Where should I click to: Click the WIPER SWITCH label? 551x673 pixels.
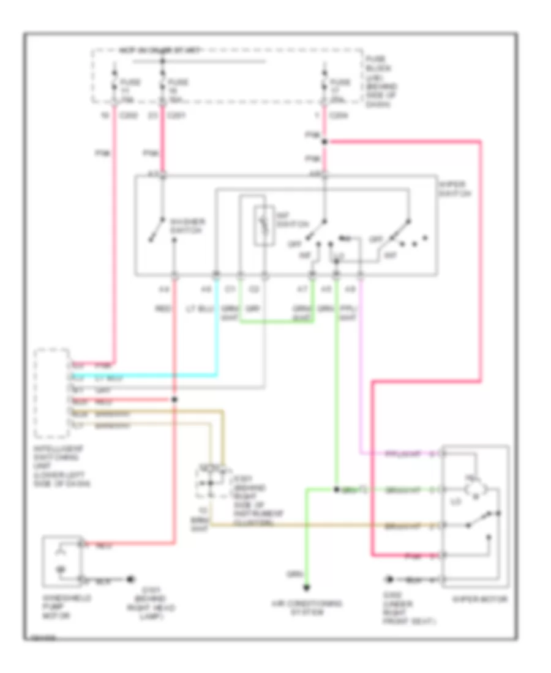click(x=455, y=188)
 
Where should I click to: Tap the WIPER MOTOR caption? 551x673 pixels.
click(x=487, y=600)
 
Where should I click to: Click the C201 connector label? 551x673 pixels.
click(x=176, y=115)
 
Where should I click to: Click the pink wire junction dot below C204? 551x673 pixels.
click(x=325, y=142)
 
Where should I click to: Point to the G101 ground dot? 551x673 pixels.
click(x=130, y=578)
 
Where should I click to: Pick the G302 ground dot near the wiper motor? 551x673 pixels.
click(x=388, y=578)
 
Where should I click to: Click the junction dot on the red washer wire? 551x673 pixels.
click(x=174, y=400)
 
